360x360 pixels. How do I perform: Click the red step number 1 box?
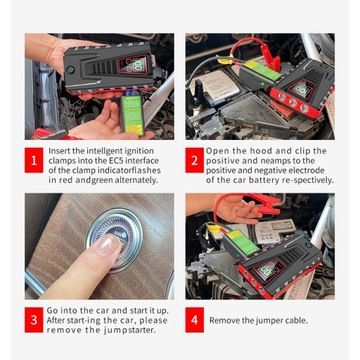pos(34,160)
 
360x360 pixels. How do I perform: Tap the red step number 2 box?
pos(195,160)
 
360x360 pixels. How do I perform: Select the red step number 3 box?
pos(34,320)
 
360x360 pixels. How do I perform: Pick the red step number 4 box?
pos(195,320)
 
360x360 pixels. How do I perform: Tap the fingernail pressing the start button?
pos(107,244)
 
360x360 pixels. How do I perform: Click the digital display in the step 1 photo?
pos(134,64)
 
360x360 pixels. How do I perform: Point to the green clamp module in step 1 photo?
pos(132,115)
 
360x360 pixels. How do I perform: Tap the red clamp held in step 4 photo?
pos(267,204)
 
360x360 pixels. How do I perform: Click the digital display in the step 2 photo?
pos(302,90)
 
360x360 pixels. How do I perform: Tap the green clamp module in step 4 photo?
pos(242,241)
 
